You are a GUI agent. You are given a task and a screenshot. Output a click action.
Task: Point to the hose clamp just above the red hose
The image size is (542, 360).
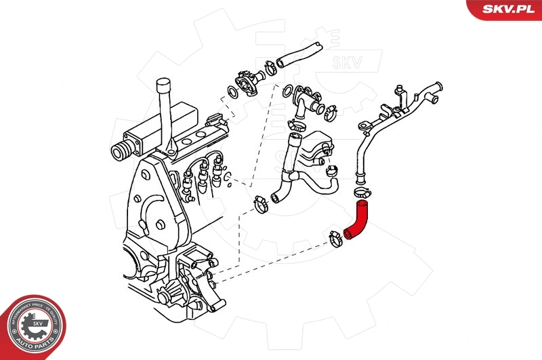(362, 194)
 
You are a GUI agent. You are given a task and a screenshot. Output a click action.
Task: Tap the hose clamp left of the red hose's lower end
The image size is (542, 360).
(335, 238)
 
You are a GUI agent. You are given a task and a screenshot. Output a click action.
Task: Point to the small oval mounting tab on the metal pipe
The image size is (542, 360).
(367, 125)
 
